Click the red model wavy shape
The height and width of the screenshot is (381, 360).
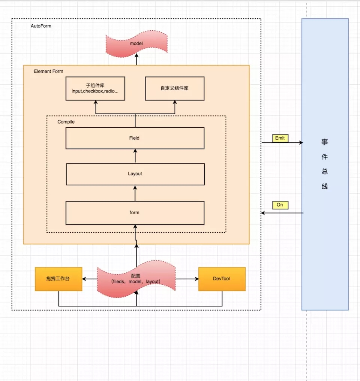136,44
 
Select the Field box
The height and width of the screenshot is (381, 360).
135,138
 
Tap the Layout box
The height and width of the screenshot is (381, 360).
135,174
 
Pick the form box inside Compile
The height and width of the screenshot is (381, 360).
135,213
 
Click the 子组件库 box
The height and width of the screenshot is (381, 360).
95,89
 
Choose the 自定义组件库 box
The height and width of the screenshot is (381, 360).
174,89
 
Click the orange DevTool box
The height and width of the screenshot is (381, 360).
222,279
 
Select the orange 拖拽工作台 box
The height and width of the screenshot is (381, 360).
58,279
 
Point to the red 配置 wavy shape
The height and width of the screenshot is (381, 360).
136,279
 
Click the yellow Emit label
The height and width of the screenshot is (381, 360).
280,138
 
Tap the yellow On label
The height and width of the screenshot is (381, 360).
280,205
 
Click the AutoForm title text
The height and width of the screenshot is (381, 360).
41,26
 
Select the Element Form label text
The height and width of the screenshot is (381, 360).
49,71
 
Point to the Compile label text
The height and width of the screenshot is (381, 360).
66,122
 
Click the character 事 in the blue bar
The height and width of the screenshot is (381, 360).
325,142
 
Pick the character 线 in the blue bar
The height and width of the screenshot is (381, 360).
325,186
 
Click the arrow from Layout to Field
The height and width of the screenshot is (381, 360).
135,156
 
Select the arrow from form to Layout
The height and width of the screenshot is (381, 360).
135,193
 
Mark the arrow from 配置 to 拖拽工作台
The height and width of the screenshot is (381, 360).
90,279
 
